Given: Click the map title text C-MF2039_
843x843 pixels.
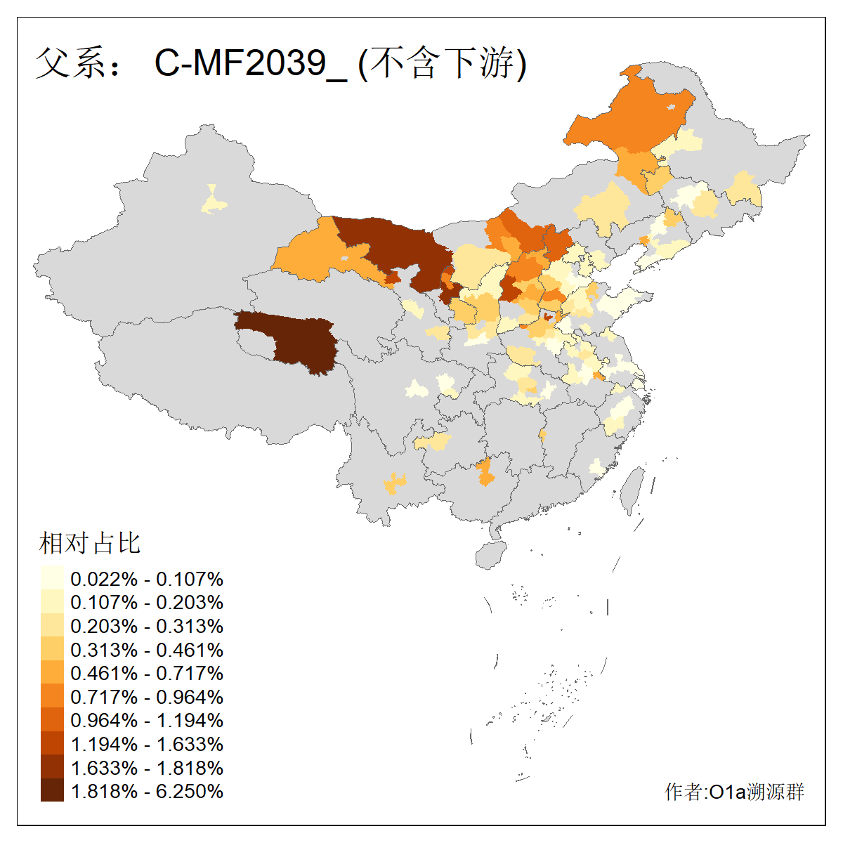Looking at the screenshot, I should (x=250, y=63).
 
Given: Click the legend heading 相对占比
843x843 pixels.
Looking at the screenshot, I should (x=90, y=543).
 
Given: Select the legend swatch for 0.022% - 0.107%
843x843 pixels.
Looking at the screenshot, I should (x=52, y=578).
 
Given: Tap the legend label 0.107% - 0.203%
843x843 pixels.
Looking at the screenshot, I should (x=147, y=603).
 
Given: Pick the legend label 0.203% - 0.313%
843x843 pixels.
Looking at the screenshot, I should (x=147, y=626).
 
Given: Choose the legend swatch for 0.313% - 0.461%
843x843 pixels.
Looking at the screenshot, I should (x=52, y=649).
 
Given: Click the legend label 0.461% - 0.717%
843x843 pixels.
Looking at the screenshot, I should (x=147, y=673).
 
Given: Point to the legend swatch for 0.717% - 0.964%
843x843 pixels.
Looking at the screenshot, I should (x=52, y=696).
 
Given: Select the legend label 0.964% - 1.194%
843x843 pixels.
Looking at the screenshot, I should (x=147, y=720).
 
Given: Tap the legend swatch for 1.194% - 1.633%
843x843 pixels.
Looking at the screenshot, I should (x=52, y=743).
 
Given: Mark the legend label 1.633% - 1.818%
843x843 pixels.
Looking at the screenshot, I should (x=147, y=767).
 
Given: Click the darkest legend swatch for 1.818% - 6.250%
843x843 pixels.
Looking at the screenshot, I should (x=52, y=790).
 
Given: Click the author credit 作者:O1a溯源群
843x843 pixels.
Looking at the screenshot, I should (x=734, y=792).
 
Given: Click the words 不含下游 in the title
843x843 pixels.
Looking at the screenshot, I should (x=443, y=63).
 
